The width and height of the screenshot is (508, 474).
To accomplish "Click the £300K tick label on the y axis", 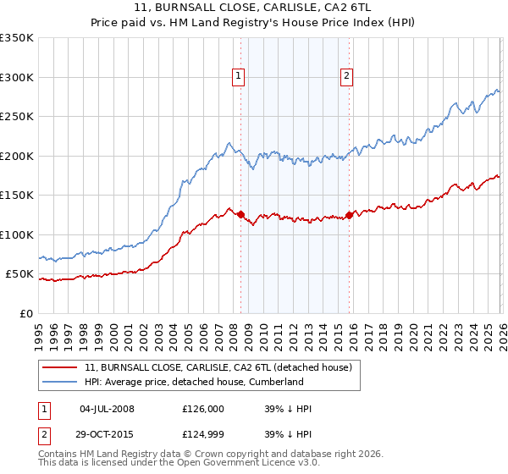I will click(x=17, y=77).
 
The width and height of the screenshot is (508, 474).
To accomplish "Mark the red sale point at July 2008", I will click(x=240, y=214).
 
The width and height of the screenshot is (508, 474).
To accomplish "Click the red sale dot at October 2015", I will click(x=350, y=215).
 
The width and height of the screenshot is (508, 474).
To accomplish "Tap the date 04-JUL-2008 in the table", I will click(x=107, y=409).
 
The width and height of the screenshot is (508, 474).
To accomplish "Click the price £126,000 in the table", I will click(x=203, y=409).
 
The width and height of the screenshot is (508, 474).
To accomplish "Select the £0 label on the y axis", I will click(x=26, y=314).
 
